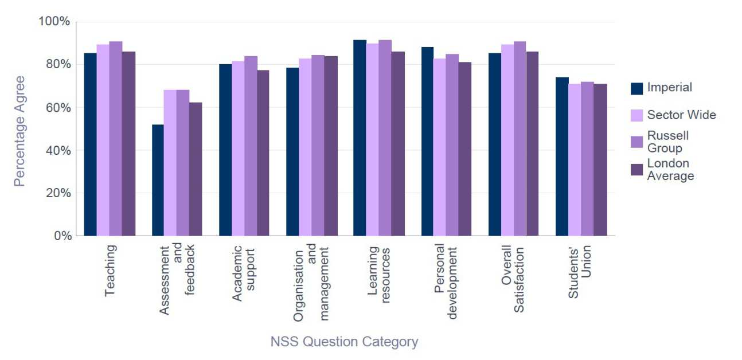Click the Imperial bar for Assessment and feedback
pyautogui.click(x=158, y=180)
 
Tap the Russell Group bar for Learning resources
pyautogui.click(x=385, y=138)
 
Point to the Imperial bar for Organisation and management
pyautogui.click(x=292, y=151)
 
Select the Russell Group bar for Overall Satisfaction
pyautogui.click(x=519, y=138)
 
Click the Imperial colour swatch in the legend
pyautogui.click(x=636, y=88)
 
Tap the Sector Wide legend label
pyautogui.click(x=681, y=115)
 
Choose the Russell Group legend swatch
pyautogui.click(x=636, y=142)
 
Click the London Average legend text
pyautogui.click(x=670, y=170)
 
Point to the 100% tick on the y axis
pyautogui.click(x=54, y=22)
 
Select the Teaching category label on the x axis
pyautogui.click(x=111, y=271)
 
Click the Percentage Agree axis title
pyautogui.click(x=19, y=130)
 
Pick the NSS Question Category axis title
pyautogui.click(x=344, y=342)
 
